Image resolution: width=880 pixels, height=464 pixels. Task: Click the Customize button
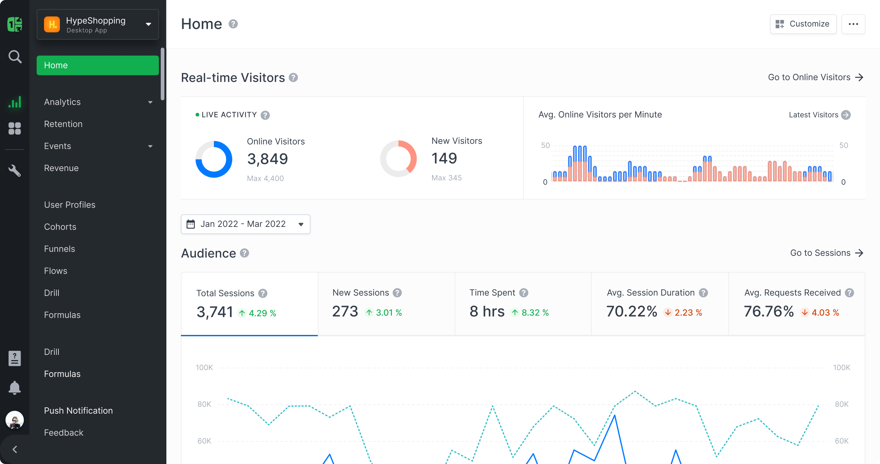coord(803,24)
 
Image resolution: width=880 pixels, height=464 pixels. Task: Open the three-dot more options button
coord(853,24)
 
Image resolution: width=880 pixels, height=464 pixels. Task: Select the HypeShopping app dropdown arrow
coord(148,24)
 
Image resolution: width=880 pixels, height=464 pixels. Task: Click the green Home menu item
coord(98,65)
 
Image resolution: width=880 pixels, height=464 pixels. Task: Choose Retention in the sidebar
coord(63,124)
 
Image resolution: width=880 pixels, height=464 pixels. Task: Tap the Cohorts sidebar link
coord(60,227)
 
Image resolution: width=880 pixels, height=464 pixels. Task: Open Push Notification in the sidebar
coord(78,411)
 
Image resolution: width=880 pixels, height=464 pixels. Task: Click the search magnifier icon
coord(15,57)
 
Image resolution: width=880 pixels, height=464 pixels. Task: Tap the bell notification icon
coord(14,388)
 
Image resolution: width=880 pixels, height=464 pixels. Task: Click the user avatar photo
coord(15,420)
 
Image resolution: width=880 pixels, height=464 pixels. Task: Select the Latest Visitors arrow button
coord(846,115)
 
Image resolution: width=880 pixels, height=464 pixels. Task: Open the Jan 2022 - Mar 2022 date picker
coord(245,224)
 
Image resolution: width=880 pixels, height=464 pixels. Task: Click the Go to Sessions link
coord(826,253)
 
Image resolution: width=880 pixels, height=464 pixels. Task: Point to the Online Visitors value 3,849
coord(267,159)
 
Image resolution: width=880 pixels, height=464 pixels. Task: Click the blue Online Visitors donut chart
coord(213,159)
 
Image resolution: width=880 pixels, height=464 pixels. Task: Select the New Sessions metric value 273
coord(345,312)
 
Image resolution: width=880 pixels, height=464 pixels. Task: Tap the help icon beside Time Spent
coord(524,293)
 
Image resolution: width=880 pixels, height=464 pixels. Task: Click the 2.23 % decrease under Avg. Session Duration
coord(683,313)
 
